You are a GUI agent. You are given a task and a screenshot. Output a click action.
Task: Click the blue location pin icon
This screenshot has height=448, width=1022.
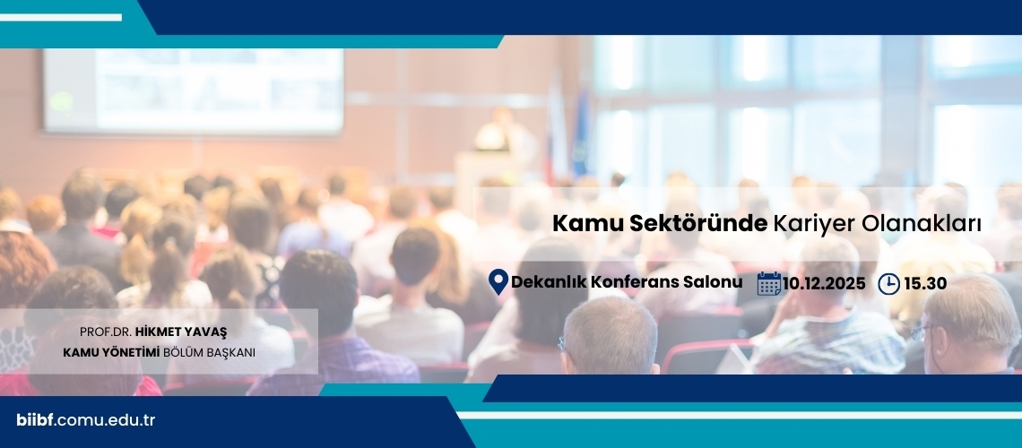click(498, 282)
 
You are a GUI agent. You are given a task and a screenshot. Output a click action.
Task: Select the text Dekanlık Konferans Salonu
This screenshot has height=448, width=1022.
click(627, 282)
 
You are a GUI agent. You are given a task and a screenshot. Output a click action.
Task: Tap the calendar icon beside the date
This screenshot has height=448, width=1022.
click(769, 283)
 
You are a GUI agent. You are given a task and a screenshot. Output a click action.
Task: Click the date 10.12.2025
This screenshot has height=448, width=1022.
click(824, 283)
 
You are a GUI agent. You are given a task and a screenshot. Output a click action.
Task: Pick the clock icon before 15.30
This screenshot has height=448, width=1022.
click(889, 284)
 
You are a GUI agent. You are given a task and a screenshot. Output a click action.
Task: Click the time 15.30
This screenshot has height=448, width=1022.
click(925, 283)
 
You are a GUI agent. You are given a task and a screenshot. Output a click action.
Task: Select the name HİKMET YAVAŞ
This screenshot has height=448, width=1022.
click(181, 332)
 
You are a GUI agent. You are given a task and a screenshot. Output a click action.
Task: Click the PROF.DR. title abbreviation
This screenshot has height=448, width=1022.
click(106, 332)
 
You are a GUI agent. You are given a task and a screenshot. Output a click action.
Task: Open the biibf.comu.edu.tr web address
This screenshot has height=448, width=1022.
click(85, 420)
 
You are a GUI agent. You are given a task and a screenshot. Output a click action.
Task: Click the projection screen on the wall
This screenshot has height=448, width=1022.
click(194, 91)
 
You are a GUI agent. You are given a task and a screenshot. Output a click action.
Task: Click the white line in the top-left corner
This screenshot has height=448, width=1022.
click(61, 18)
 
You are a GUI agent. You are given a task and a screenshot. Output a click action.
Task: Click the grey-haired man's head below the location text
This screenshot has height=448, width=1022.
click(610, 335)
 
